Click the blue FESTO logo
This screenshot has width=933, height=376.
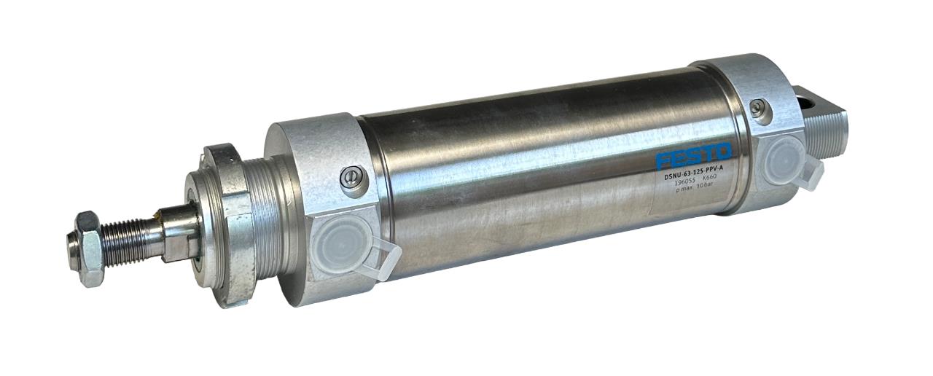pyautogui.click(x=693, y=156)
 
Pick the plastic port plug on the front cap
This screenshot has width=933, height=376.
pyautogui.click(x=341, y=243)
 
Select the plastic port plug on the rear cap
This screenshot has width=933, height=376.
pyautogui.click(x=784, y=160)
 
